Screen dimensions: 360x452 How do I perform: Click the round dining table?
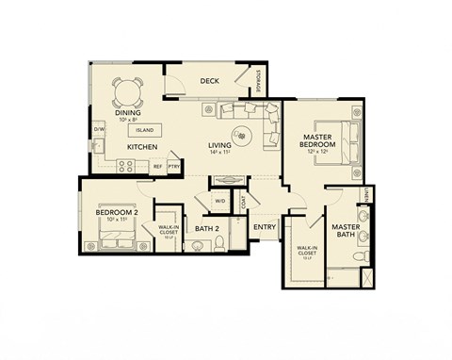tap(128, 92)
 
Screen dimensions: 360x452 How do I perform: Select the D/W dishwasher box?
tap(100, 130)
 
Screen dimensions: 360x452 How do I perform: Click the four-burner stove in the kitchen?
tap(124, 166)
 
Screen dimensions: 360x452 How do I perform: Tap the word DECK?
tap(209, 81)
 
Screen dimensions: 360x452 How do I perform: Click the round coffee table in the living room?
tap(243, 135)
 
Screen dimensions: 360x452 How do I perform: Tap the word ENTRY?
tap(264, 226)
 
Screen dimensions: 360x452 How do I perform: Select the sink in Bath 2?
tap(197, 246)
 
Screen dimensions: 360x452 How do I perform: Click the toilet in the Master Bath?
tap(365, 254)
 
